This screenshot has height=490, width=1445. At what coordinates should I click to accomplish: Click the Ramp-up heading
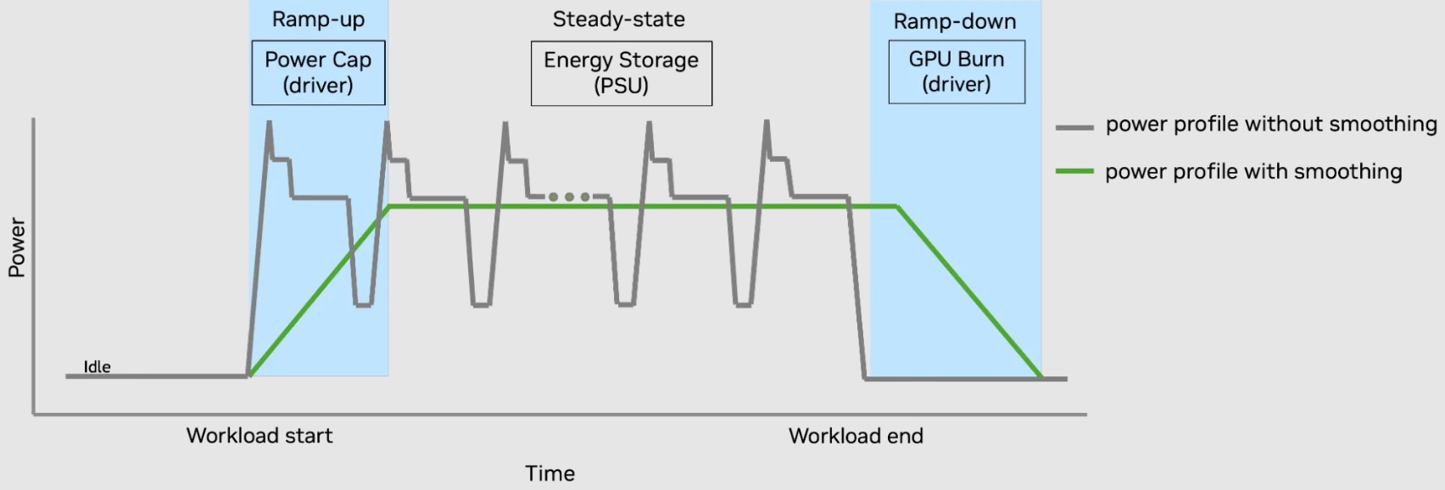[318, 19]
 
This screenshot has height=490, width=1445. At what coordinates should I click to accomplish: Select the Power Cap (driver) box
[318, 73]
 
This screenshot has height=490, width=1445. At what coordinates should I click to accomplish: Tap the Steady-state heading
[618, 19]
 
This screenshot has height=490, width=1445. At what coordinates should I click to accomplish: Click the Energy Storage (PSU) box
[621, 74]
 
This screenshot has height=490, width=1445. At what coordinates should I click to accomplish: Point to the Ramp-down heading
[955, 21]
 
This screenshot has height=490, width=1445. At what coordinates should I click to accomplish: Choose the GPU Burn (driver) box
[957, 72]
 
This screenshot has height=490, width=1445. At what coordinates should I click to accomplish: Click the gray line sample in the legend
[1074, 127]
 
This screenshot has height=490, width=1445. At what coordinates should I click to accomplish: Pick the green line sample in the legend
[1074, 172]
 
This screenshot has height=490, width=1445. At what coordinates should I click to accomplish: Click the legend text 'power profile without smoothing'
[1270, 125]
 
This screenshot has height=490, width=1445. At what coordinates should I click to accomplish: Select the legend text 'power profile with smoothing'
[1253, 172]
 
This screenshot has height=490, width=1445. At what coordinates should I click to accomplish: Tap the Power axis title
[17, 247]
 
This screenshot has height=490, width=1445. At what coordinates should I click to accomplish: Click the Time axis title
[550, 473]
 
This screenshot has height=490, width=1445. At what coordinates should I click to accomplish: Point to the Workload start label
[259, 436]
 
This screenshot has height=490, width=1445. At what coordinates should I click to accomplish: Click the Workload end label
[856, 436]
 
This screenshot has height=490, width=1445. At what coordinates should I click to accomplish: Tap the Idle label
[97, 367]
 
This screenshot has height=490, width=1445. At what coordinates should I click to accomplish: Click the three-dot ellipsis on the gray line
[569, 197]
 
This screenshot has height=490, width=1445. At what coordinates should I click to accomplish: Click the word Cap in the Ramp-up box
[351, 60]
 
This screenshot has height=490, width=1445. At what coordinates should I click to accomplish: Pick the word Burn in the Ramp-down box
[981, 59]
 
